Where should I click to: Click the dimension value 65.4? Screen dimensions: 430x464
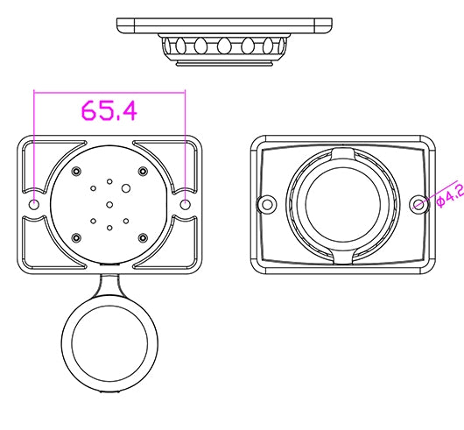coord(109,111)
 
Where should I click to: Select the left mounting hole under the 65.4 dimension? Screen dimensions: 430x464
coord(34,203)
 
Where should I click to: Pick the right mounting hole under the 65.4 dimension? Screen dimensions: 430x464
coord(186,203)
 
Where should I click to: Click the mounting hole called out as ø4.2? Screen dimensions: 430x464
coord(418,204)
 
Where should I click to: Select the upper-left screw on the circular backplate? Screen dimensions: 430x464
coord(77,170)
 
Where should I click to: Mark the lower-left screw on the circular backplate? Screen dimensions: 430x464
coord(77,236)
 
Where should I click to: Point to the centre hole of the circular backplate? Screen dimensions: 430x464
coord(109,204)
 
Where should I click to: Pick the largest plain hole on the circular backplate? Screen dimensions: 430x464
coord(127,187)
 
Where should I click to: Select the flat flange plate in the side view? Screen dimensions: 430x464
coord(224,24)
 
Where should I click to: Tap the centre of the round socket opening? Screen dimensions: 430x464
coord(342,204)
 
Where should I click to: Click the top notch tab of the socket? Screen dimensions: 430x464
coord(342,154)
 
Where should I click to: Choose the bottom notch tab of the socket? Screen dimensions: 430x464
coord(342,256)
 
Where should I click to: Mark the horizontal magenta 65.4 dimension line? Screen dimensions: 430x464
coord(109,90)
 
